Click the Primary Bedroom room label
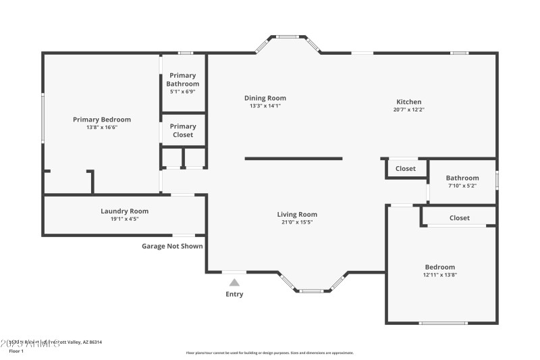pos(102,120)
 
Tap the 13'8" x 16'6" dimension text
pos(102,127)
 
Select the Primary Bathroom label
pos(183,80)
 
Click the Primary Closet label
pos(183,130)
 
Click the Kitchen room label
pos(409,102)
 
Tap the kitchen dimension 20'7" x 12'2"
pos(409,109)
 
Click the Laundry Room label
pos(125,211)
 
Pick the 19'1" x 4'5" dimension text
pos(125,218)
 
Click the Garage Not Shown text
pos(172,246)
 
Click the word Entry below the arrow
pos(234,294)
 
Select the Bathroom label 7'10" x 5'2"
pos(462,182)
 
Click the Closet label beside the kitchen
pos(406,169)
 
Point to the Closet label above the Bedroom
pos(460,218)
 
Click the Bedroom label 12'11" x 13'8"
pos(439,270)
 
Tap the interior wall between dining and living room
pos(294,159)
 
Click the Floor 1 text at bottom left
pos(16,351)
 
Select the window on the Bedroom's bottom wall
pos(443,323)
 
